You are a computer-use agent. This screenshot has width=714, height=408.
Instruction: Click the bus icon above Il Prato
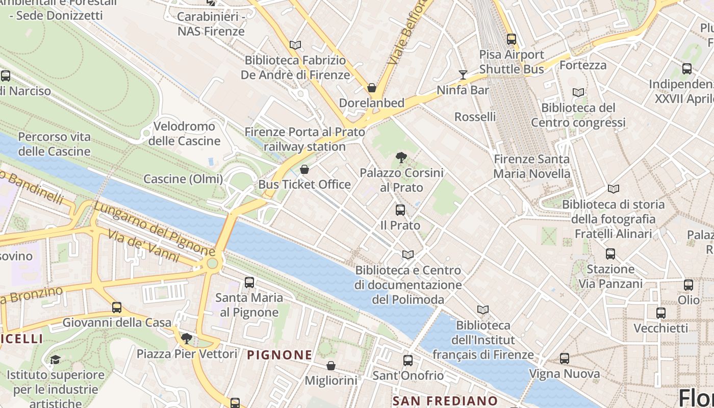pos(400,210)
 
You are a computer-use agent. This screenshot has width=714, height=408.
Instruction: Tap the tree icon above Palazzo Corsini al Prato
pos(401,158)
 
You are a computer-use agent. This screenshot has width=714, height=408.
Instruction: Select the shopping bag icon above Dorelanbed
pos(372,88)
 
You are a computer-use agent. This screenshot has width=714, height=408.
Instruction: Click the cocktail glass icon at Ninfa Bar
pos(463,75)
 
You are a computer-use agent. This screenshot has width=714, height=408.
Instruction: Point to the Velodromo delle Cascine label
pos(184,134)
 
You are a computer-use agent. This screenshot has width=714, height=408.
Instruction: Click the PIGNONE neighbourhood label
pos(279,355)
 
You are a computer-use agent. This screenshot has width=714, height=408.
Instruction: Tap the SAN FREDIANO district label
pos(445,401)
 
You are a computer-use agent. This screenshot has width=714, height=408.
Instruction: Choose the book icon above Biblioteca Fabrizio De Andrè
pos(295,45)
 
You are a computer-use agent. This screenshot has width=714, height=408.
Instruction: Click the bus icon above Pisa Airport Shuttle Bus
pos(512,39)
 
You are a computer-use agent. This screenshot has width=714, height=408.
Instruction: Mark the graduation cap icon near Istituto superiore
pos(55,360)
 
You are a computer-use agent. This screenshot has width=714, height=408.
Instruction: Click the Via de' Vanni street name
pos(143,246)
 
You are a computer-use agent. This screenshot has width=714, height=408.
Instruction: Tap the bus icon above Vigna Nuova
pos(564,359)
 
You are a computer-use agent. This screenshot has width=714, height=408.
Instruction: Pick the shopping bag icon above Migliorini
pos(331,366)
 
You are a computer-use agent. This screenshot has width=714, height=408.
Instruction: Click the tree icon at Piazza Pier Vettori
pos(187,338)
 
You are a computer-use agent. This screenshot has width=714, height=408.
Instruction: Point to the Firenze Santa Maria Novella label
pos(532,166)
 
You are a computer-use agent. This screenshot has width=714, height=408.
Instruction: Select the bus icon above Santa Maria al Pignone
pos(249,282)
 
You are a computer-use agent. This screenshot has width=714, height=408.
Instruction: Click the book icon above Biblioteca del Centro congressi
pos(578,93)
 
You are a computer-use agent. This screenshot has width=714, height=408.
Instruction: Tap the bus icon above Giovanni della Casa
pos(117,307)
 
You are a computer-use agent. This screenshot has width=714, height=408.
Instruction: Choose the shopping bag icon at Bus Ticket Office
pos(304,169)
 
